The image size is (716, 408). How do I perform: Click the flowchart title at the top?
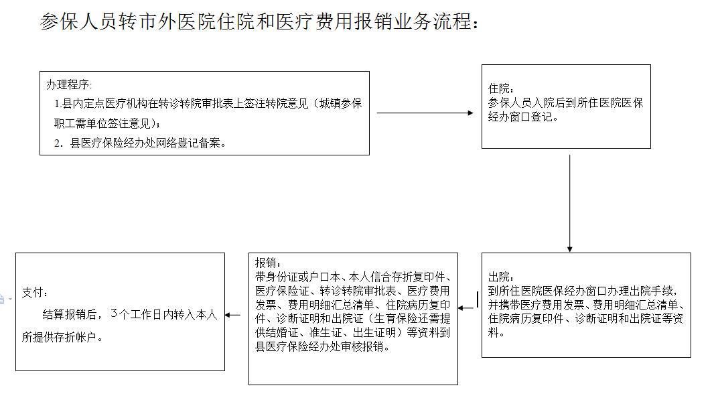point(259,21)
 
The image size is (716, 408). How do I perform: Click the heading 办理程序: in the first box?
point(69,84)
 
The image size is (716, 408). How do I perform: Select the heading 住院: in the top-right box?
point(500,88)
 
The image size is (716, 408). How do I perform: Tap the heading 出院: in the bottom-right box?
point(500,277)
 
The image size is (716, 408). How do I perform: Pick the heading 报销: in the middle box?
point(268,263)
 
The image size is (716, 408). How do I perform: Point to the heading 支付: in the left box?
point(35,292)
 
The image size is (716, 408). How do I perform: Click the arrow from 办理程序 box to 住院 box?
point(425,113)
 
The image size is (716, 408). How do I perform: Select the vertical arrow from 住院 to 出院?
point(569,203)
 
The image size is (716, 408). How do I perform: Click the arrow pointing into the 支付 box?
point(233,315)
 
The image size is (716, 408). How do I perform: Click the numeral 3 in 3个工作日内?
point(114,314)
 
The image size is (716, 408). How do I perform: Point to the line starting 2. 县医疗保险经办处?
point(140,143)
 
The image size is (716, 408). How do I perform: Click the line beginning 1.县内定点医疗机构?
point(208,104)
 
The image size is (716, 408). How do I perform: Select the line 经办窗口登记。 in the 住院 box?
point(523,117)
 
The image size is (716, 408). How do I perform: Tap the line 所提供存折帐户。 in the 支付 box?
point(63,337)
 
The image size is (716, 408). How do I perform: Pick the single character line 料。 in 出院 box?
point(496,332)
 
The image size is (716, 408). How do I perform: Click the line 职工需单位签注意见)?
point(107,123)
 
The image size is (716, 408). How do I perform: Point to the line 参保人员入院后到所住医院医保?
point(565,103)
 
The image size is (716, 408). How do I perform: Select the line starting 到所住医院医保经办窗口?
point(583,291)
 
